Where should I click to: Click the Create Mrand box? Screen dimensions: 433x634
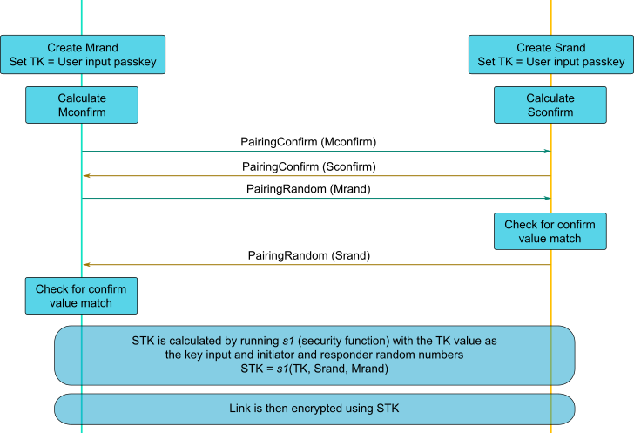83,54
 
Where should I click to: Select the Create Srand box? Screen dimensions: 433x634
550,54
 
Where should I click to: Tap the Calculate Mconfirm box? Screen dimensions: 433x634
82,105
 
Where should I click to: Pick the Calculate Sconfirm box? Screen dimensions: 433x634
550,105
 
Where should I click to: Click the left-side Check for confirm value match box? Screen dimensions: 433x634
81,296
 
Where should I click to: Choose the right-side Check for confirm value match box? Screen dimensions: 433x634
550,231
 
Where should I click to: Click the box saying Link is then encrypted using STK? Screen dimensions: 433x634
314,409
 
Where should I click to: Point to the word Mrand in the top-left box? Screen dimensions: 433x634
100,47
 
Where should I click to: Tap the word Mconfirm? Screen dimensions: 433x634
82,112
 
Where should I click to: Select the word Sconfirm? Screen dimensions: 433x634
550,112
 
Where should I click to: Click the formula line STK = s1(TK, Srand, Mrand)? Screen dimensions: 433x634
314,369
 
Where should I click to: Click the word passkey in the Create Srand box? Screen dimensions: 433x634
604,62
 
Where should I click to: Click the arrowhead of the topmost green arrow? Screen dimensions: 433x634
546,152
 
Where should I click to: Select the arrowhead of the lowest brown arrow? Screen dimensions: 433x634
86,264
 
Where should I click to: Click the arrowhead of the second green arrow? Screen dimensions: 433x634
546,199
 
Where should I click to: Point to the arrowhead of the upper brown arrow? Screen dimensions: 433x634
86,176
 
